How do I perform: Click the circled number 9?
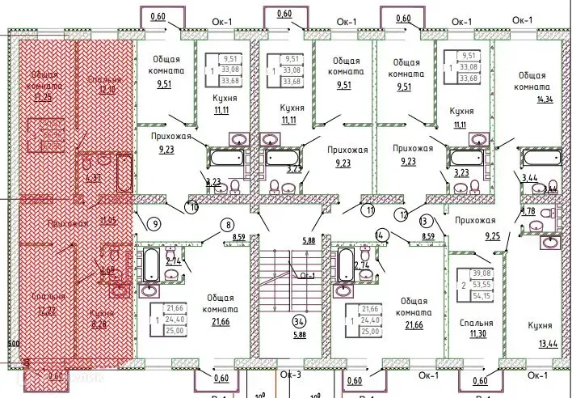[153, 224]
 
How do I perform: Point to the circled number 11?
[369, 212]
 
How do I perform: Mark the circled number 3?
[423, 220]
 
